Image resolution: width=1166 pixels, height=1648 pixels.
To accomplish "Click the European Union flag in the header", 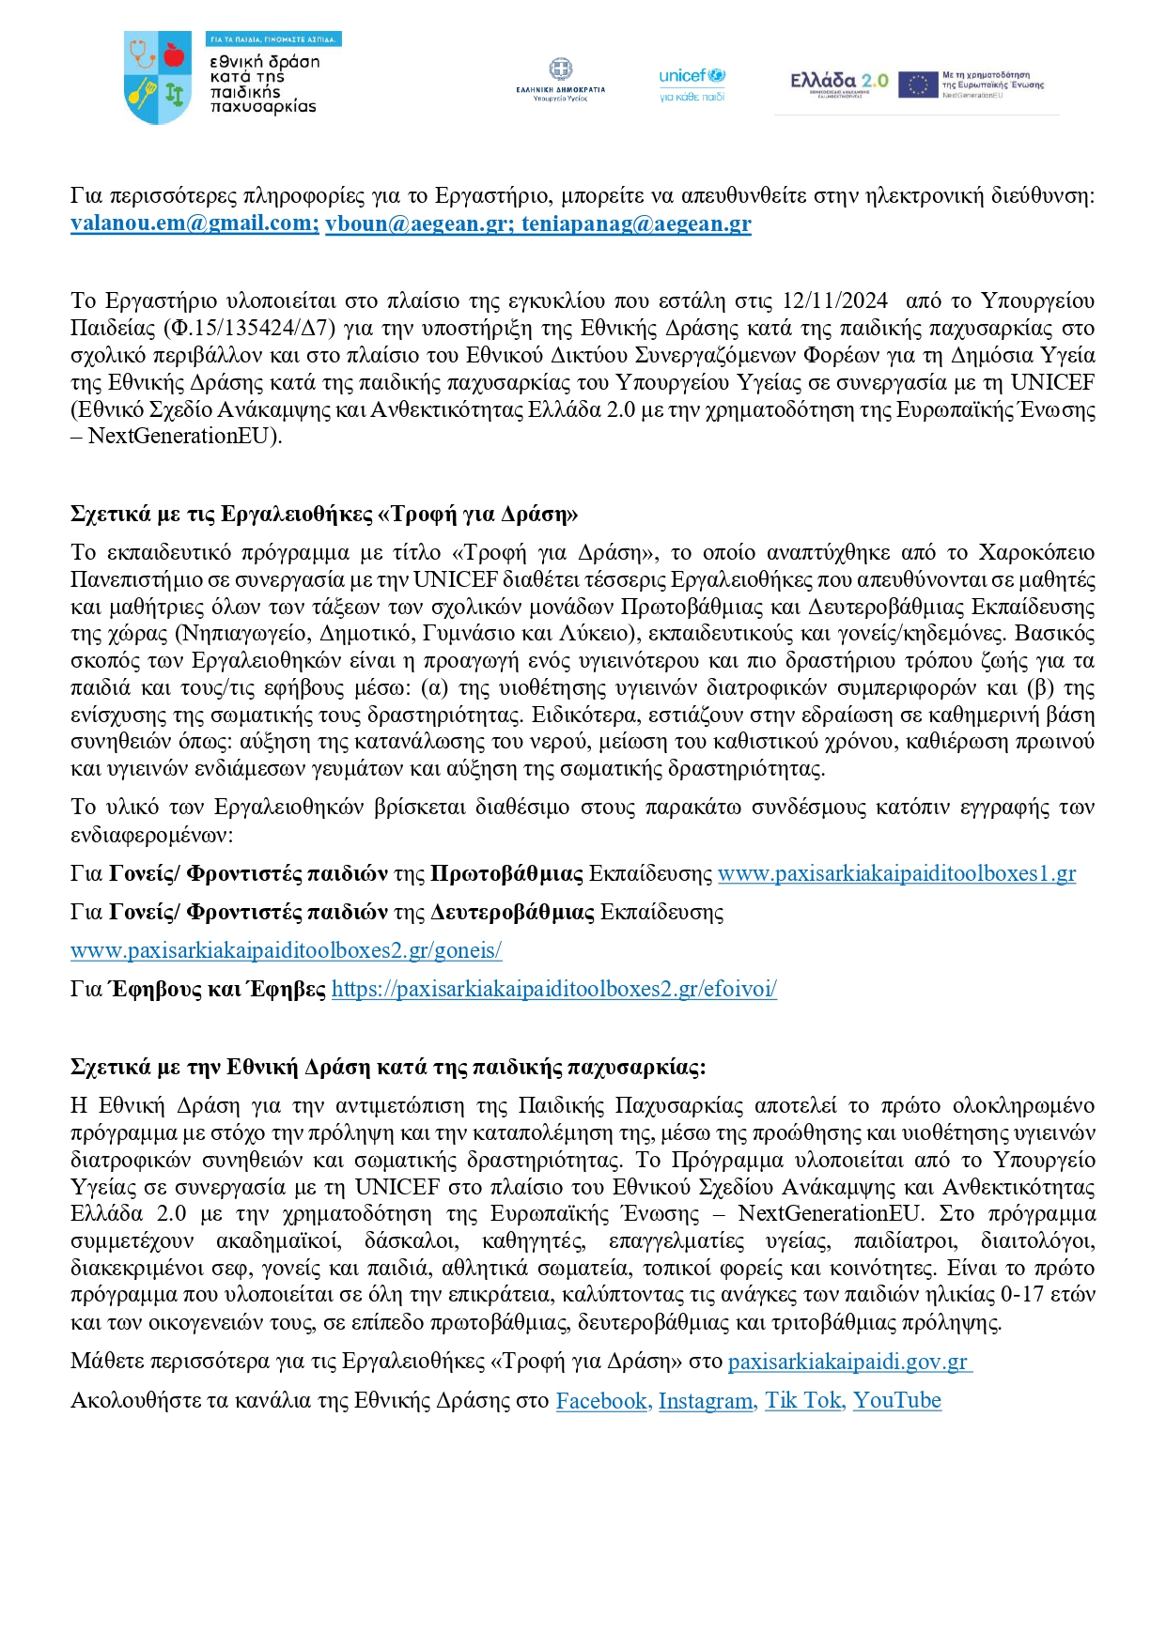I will click(x=917, y=85).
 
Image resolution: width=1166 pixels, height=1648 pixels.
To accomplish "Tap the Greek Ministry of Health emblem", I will click(x=561, y=71).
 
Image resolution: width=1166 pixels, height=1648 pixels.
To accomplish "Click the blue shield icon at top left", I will click(x=158, y=78).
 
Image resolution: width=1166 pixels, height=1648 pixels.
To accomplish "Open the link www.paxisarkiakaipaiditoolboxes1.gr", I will click(x=896, y=873).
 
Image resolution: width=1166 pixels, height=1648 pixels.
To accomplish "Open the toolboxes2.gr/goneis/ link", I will click(x=286, y=950).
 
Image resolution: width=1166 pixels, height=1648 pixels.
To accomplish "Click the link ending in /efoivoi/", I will click(x=553, y=989).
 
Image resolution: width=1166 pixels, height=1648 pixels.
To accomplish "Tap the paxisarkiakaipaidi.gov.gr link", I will click(x=848, y=1362).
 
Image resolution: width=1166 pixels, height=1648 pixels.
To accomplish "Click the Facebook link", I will click(x=601, y=1401).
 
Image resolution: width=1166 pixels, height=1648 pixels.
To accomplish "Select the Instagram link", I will click(x=706, y=1401).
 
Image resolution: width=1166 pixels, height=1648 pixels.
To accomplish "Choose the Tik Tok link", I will click(x=803, y=1401).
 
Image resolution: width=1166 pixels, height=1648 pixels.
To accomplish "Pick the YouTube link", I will click(x=896, y=1401).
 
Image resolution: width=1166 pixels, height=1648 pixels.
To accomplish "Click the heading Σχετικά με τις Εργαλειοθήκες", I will click(x=323, y=514).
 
